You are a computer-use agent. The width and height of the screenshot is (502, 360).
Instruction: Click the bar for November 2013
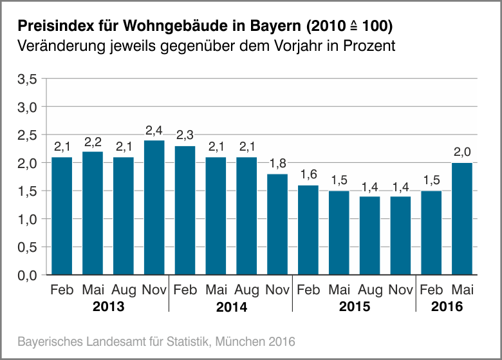[154, 207]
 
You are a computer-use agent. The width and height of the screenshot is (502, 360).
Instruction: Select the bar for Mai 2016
[462, 219]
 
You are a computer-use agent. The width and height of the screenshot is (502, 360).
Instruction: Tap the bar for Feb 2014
[185, 211]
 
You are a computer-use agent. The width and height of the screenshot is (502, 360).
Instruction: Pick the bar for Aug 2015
[369, 236]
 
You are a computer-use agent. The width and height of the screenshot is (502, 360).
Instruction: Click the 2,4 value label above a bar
[154, 131]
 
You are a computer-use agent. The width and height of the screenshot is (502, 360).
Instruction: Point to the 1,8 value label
[277, 164]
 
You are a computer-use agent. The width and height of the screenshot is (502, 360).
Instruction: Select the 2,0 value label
[462, 153]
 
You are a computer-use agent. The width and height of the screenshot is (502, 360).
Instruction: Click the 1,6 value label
[308, 175]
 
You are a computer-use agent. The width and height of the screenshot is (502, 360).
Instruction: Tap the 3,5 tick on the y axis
[29, 79]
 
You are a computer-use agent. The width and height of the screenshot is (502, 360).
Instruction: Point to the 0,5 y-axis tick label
[29, 247]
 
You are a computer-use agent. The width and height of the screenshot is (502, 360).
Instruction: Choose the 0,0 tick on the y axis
[29, 276]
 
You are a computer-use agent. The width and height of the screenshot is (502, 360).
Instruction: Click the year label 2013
[108, 307]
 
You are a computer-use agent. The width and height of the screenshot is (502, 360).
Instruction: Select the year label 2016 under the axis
[447, 307]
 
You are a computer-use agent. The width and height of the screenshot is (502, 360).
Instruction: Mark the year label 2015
[355, 307]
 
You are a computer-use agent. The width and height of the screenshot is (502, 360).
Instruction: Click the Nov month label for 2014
[277, 290]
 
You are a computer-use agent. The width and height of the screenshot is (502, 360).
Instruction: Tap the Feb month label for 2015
[308, 290]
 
